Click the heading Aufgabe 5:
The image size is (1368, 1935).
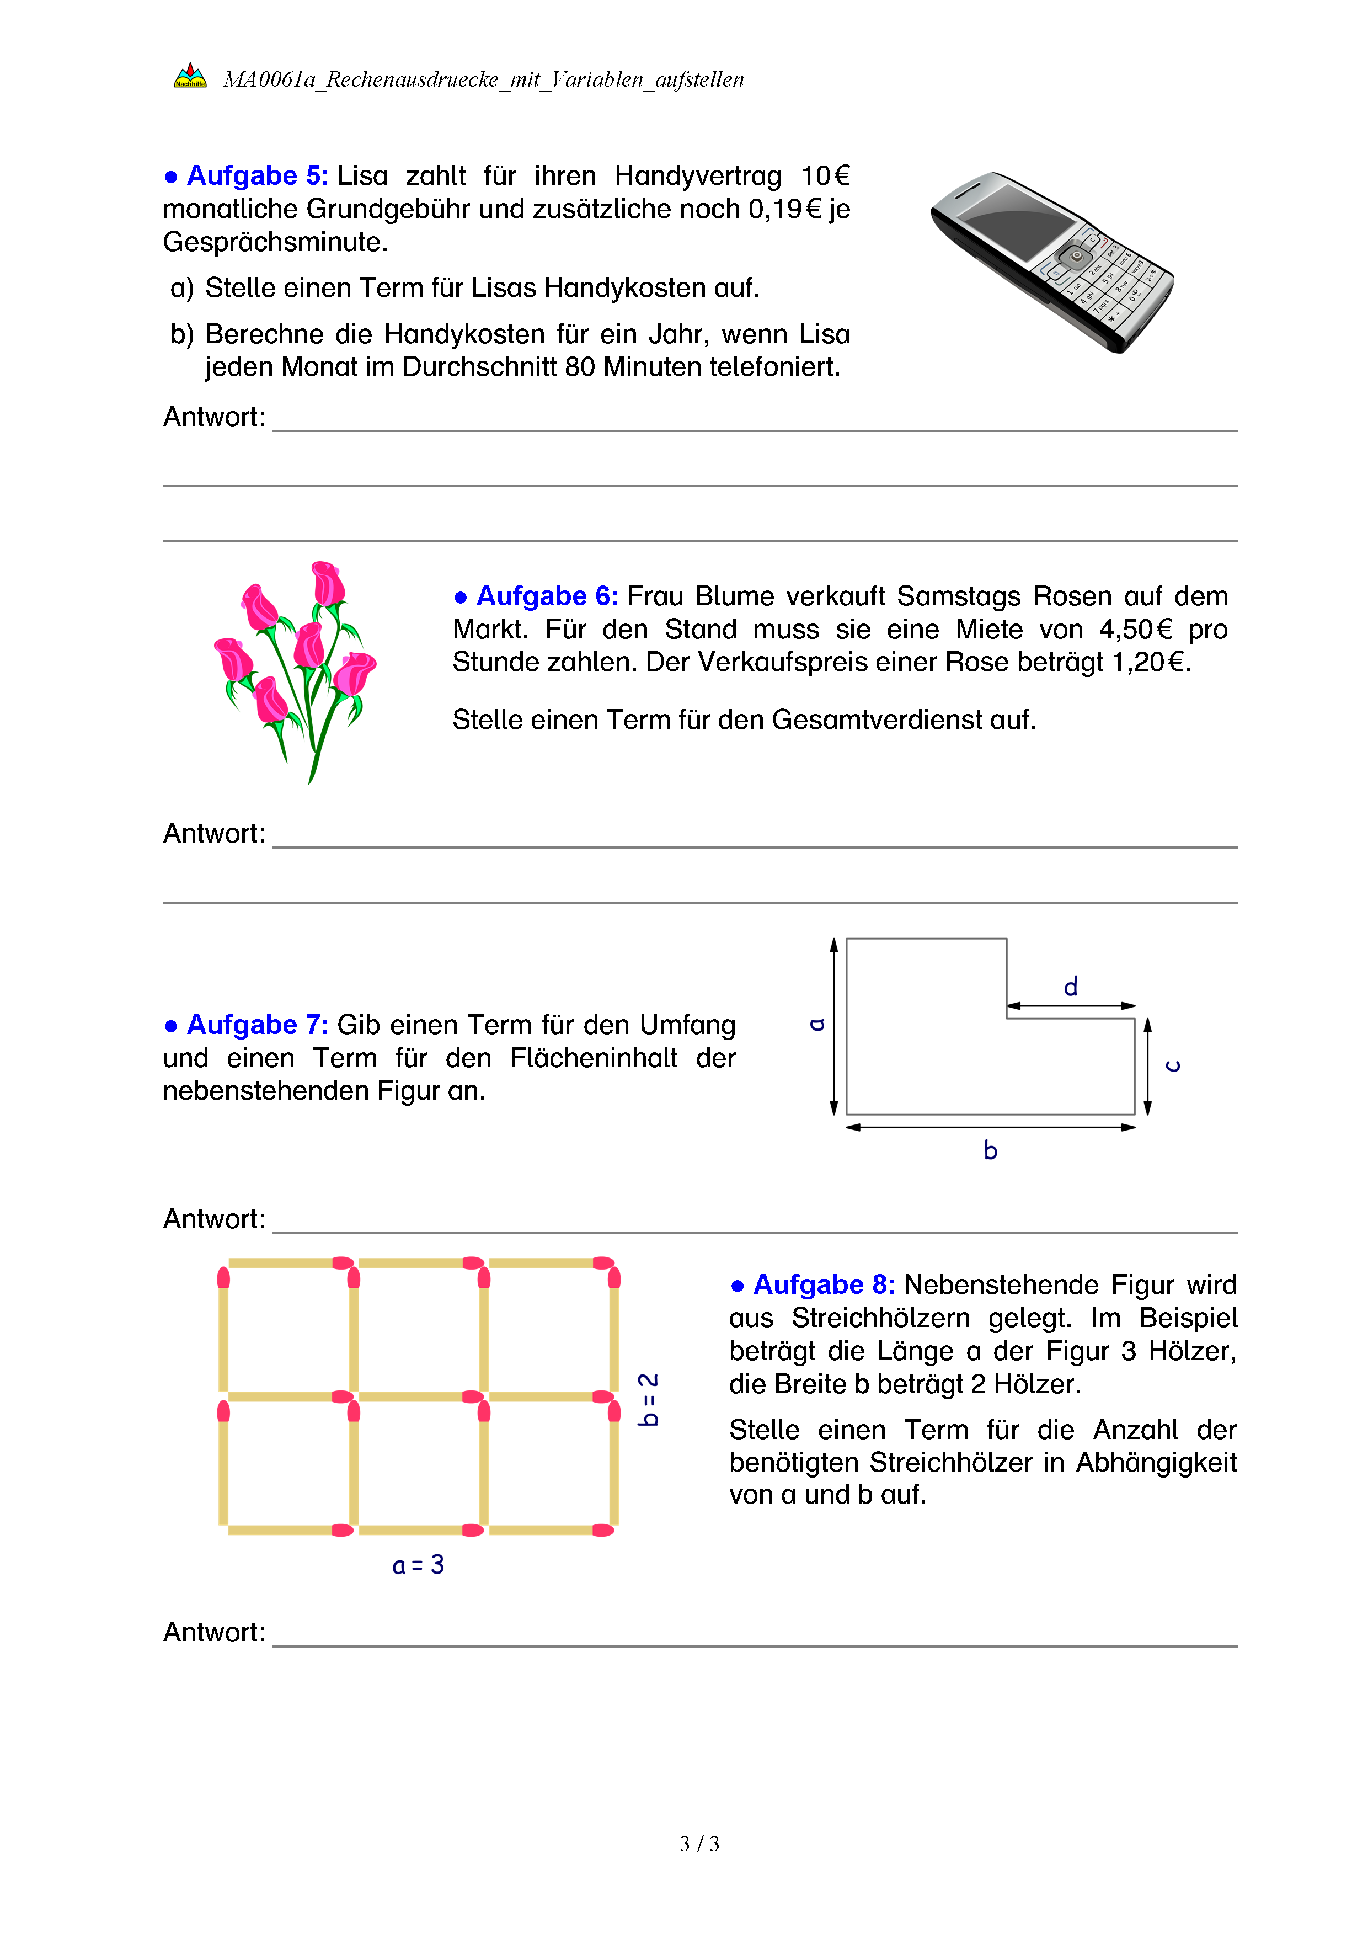pos(257,175)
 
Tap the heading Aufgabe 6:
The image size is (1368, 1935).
pos(547,596)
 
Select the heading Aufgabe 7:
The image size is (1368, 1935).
pos(257,1024)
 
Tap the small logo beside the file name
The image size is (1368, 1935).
pos(190,77)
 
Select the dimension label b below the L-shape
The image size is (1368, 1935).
pos(991,1150)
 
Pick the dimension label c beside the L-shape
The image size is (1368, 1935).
pos(1173,1066)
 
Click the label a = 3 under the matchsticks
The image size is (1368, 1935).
pos(418,1565)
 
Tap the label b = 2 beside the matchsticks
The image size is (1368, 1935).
pos(647,1399)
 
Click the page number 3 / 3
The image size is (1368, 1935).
pos(699,1844)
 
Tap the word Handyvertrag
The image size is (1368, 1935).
pos(697,175)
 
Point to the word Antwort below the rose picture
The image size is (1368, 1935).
pos(214,834)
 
